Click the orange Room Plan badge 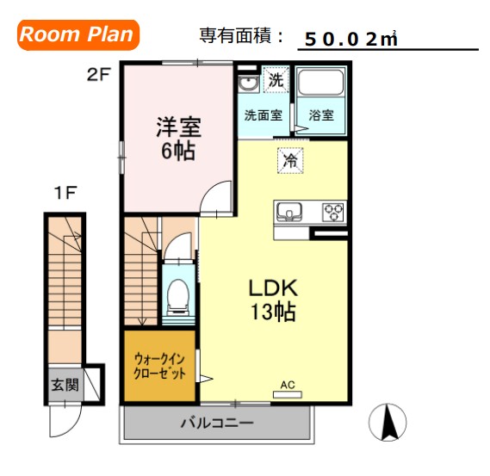click(x=77, y=34)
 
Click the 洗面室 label click(x=262, y=115)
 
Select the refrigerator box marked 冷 click(x=291, y=160)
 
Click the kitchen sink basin click(x=288, y=211)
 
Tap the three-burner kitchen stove click(x=332, y=212)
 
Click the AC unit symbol click(x=287, y=393)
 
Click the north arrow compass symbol click(x=388, y=423)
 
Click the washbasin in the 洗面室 click(x=247, y=84)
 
